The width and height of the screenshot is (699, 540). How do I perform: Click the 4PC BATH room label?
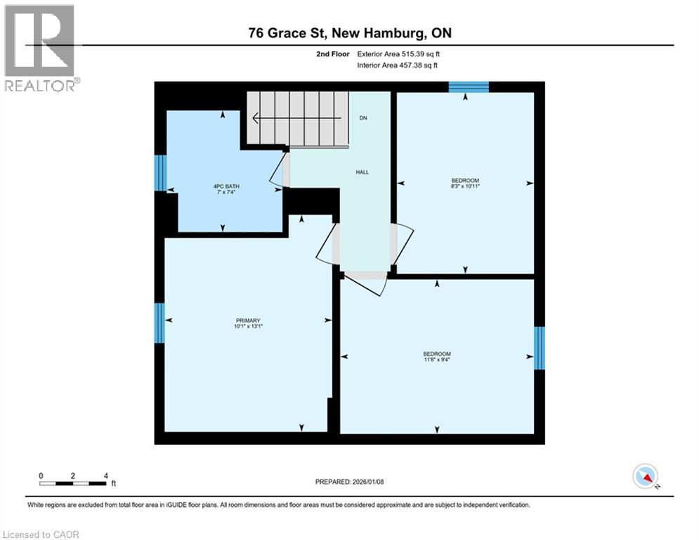223,186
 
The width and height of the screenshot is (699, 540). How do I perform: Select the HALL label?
362,172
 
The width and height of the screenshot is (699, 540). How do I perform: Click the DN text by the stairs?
363,118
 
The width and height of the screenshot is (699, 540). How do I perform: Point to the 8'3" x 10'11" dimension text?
464,186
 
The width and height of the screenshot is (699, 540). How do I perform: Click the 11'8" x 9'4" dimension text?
437,360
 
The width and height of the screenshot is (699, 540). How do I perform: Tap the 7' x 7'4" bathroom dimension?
223,192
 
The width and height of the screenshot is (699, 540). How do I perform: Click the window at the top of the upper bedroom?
469,86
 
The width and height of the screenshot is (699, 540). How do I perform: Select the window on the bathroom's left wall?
161,172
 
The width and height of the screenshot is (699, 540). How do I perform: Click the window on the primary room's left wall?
160,323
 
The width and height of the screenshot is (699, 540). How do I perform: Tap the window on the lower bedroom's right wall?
539,348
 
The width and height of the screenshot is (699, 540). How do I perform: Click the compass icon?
644,476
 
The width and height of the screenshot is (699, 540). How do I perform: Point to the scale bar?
73,483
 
